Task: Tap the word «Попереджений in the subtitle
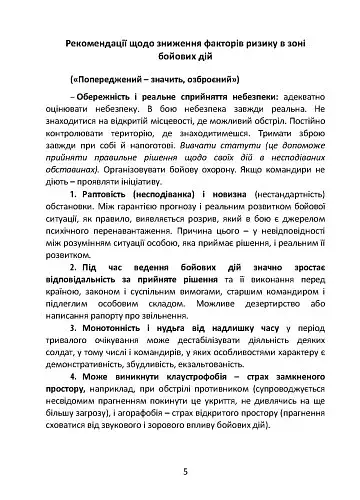pyautogui.click(x=106, y=78)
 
